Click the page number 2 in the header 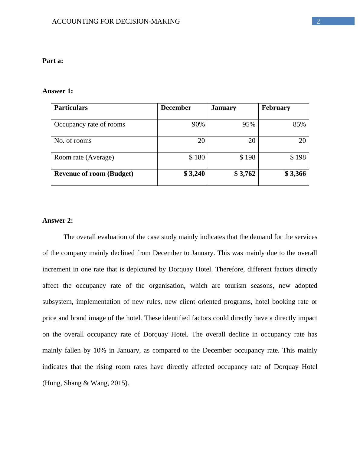tap(318, 21)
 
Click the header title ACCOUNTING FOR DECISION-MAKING tap(116, 21)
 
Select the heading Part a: tap(53, 61)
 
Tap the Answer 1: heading tap(57, 91)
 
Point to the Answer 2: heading tap(57, 221)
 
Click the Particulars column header tap(71, 108)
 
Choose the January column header tap(224, 108)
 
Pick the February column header tap(276, 108)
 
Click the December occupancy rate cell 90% tap(198, 124)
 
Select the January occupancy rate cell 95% tap(249, 124)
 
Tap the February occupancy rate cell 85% tap(299, 124)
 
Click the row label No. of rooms tap(73, 141)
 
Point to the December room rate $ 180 tap(197, 157)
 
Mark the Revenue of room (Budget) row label tap(93, 174)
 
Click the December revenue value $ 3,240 tap(194, 174)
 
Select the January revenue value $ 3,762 tap(245, 174)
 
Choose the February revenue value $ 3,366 tap(295, 174)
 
